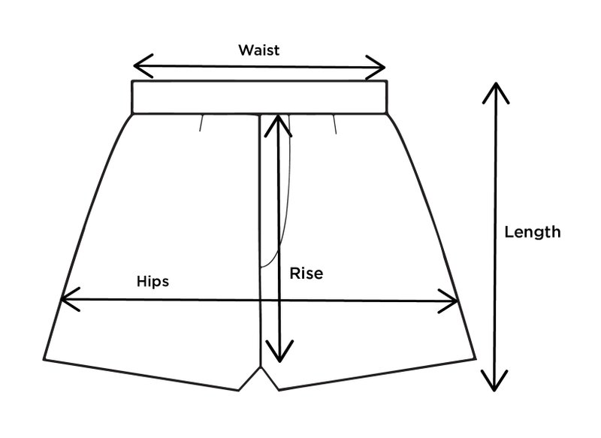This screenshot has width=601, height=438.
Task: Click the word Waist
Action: [x=258, y=50]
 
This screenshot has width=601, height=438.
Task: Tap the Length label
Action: [x=532, y=232]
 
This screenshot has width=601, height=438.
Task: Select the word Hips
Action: [x=153, y=282]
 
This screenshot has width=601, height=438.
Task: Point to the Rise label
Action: [x=306, y=273]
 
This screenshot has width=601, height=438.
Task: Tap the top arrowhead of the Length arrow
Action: [x=494, y=87]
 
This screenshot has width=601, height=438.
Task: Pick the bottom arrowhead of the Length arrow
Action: [x=494, y=383]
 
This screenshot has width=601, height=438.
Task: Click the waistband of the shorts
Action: [x=259, y=96]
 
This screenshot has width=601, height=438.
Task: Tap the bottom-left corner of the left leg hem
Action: [x=44, y=359]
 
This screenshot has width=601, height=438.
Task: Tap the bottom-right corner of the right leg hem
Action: [x=476, y=360]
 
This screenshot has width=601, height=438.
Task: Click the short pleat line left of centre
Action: [x=202, y=122]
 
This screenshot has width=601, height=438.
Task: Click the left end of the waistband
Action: [x=134, y=96]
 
